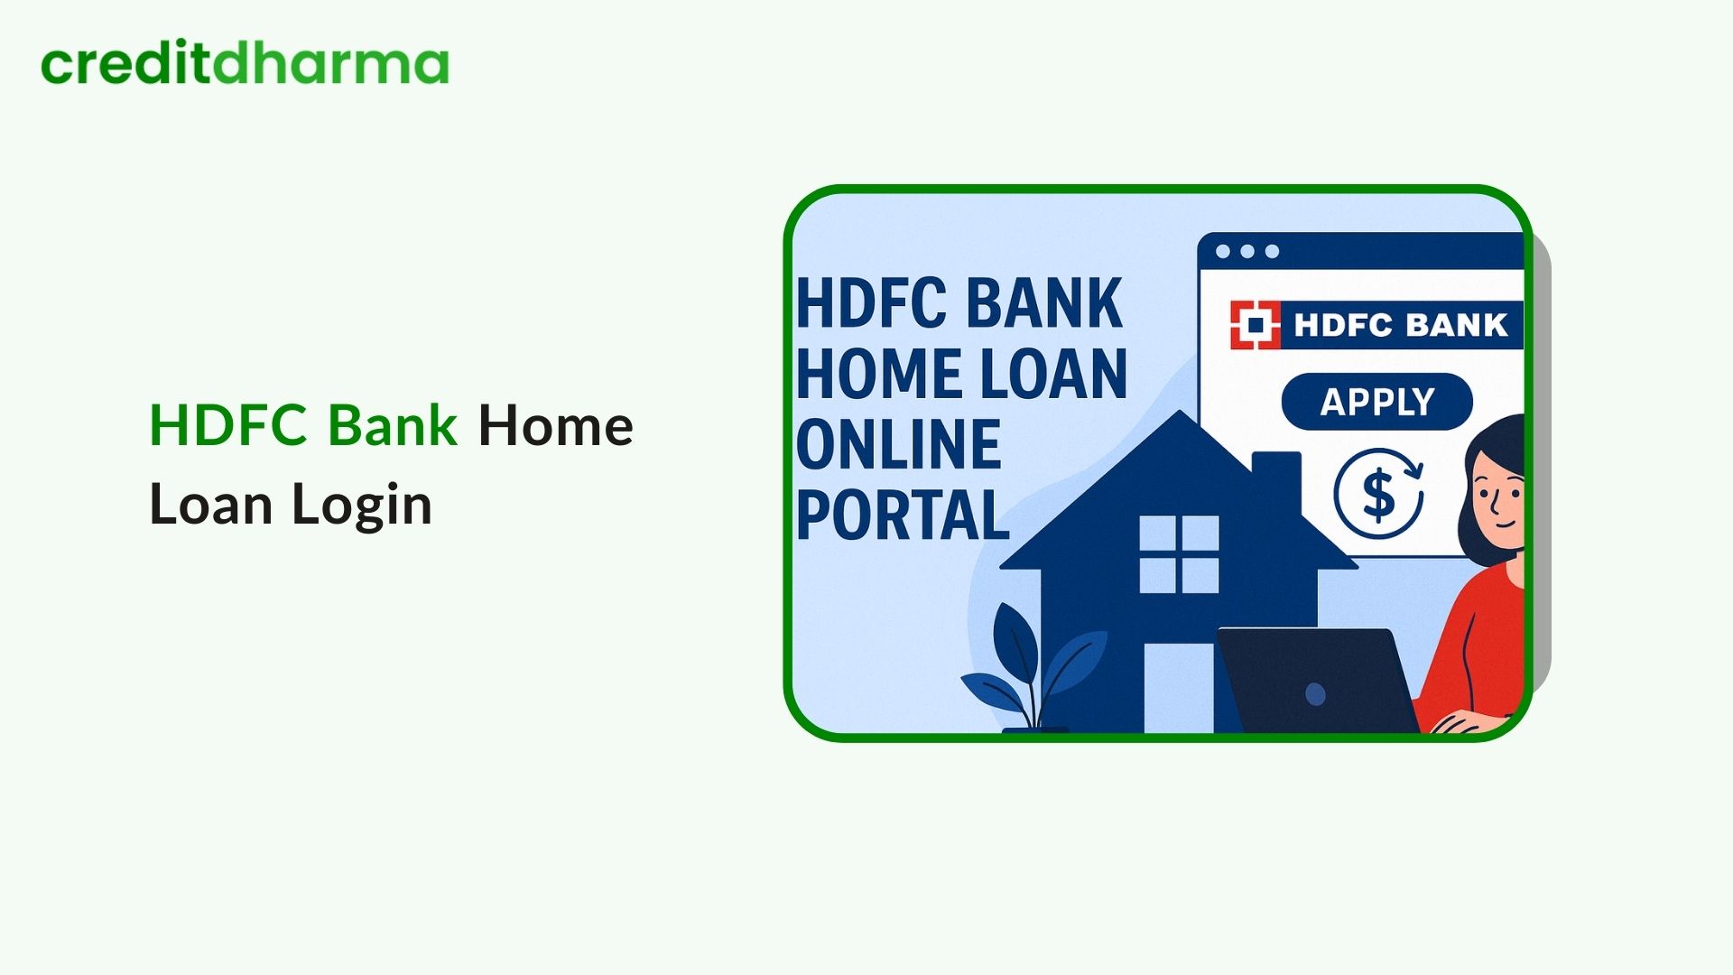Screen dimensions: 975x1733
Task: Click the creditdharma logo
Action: [x=245, y=64]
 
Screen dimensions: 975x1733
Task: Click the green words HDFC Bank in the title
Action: [x=303, y=425]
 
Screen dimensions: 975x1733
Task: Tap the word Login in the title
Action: [x=361, y=505]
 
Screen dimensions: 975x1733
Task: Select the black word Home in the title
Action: [x=555, y=425]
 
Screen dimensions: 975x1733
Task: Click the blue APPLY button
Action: [x=1376, y=402]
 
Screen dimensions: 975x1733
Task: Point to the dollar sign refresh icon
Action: [x=1378, y=495]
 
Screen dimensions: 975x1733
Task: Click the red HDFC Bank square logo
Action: [x=1255, y=325]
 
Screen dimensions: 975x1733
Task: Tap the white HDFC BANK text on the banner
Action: [x=1400, y=325]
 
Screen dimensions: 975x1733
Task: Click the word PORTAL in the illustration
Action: [x=903, y=515]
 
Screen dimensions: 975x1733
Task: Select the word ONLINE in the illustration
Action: [x=899, y=444]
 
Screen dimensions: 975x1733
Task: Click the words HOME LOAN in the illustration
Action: [x=961, y=374]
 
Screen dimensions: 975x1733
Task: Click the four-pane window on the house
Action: [x=1179, y=554]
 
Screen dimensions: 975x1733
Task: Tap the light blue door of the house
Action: [x=1178, y=686]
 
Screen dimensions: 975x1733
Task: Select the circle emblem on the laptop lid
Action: [x=1316, y=694]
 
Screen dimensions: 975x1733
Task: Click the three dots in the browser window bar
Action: [x=1246, y=252]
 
